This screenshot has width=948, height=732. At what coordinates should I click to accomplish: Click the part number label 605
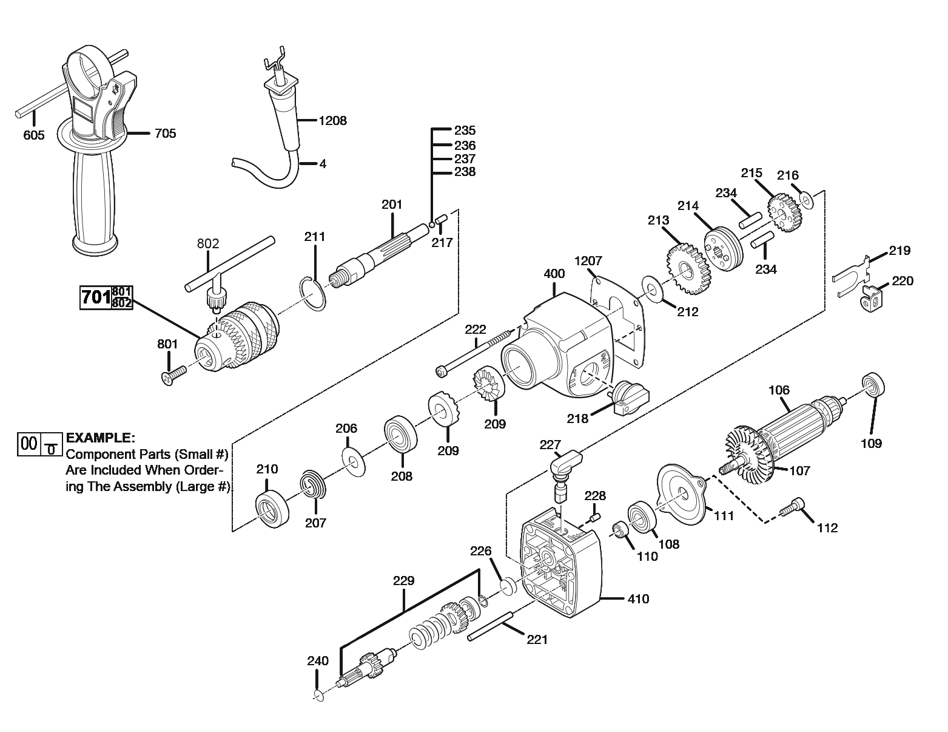[x=34, y=135]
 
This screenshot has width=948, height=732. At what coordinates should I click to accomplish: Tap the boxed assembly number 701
[x=96, y=298]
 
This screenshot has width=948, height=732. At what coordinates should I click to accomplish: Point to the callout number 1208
[x=333, y=120]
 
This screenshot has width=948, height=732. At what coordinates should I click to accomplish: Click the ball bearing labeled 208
[x=402, y=435]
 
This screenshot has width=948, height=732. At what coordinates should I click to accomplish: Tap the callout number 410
[x=638, y=599]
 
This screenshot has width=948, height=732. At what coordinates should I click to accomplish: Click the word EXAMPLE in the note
[x=101, y=438]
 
